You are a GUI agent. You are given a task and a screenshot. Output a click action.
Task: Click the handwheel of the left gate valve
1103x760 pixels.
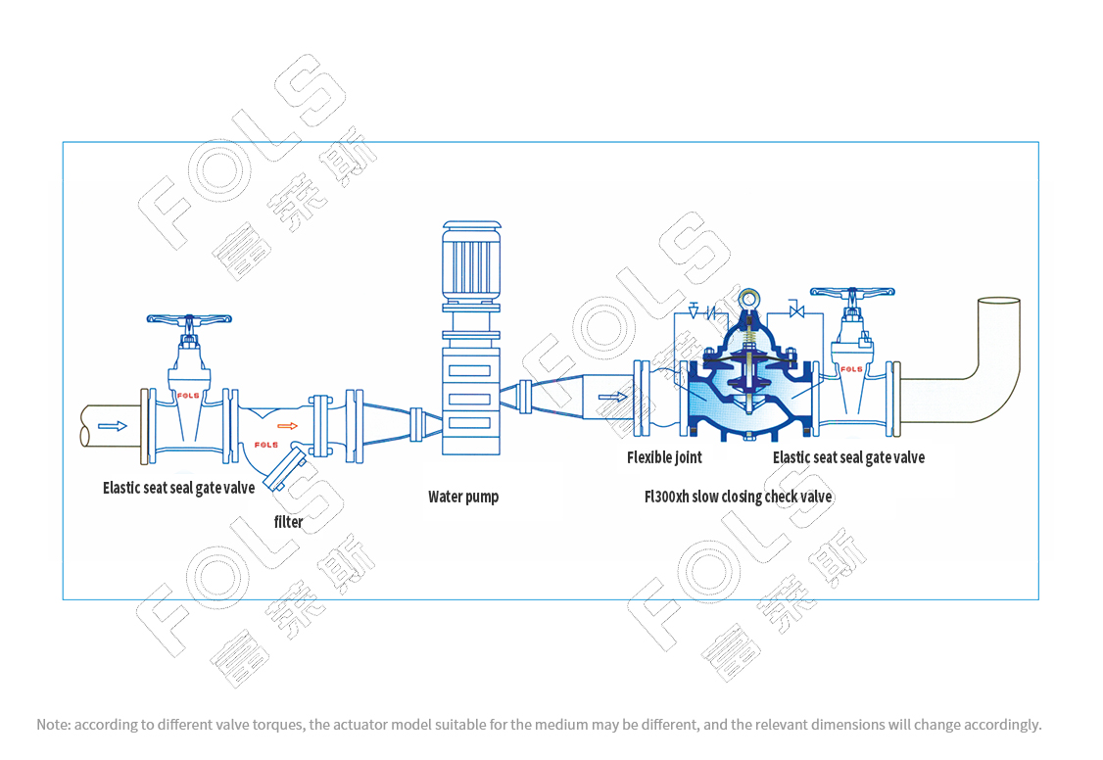188,319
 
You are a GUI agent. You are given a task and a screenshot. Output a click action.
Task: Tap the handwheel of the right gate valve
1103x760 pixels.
852,291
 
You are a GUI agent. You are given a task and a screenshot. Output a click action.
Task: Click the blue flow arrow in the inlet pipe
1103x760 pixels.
113,426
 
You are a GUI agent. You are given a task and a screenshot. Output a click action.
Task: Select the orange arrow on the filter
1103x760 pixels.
287,425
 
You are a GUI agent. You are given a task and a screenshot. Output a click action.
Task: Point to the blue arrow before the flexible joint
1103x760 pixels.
612,398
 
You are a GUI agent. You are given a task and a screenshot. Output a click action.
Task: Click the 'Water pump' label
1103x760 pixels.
463,498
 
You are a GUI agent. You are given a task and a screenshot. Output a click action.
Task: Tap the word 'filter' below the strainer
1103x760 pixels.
288,522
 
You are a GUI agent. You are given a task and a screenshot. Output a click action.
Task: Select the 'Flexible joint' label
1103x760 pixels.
664,457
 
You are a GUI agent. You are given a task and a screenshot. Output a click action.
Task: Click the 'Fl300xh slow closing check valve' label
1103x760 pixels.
738,497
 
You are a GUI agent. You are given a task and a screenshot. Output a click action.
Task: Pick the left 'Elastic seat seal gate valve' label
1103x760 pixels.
178,488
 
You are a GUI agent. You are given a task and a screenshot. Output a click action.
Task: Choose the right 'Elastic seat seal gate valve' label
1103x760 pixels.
848,457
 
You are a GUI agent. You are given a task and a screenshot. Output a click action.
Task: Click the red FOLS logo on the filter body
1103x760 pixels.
265,445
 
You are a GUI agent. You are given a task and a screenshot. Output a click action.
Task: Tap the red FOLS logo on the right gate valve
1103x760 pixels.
851,369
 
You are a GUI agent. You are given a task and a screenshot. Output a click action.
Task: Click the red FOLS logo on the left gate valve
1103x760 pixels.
188,395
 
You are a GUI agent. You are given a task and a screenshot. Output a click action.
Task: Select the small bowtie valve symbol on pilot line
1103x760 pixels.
796,310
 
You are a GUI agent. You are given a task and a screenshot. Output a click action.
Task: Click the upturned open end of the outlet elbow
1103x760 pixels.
999,301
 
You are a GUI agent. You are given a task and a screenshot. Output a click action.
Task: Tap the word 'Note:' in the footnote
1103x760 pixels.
54,725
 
